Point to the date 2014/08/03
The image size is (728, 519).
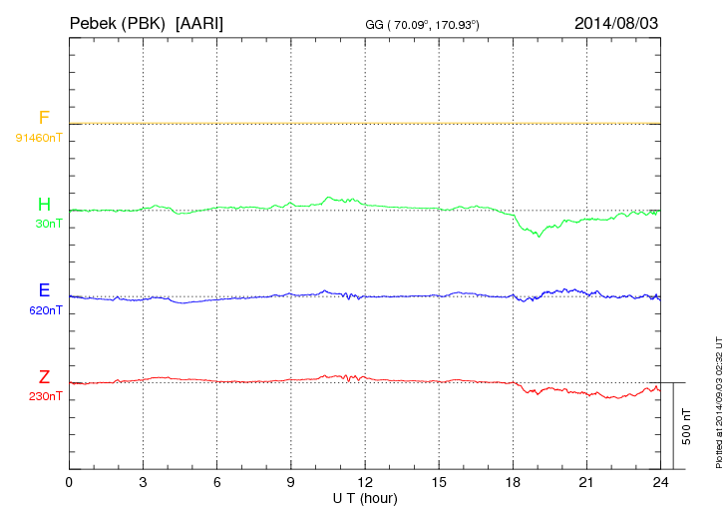[616, 22]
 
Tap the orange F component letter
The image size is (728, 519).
[44, 118]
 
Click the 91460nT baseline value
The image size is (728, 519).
[39, 137]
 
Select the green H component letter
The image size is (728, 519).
[44, 206]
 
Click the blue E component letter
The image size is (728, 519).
[44, 291]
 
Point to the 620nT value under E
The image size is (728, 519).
[46, 311]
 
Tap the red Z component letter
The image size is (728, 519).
[44, 377]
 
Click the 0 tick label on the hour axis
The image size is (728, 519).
[69, 483]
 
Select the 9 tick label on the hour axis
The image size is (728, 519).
[291, 483]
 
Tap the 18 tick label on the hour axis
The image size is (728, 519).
[514, 483]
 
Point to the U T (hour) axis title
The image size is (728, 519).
[365, 497]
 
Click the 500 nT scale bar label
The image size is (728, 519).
[687, 426]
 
